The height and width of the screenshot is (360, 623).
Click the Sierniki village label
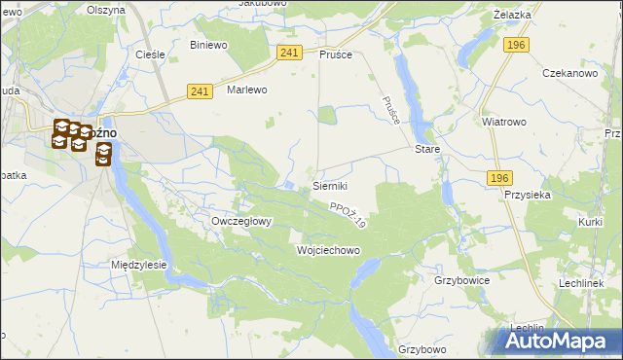330,185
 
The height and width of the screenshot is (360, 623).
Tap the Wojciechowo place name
328,250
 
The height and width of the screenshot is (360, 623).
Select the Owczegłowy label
241,221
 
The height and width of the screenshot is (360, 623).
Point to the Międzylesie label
139,264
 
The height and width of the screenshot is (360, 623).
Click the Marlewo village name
246,90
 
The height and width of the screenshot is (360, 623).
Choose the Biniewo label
208,45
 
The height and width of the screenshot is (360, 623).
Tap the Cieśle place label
150,54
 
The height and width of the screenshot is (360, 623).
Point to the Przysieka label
529,194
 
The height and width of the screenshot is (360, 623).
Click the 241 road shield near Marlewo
200,91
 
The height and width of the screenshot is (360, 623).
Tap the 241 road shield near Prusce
288,53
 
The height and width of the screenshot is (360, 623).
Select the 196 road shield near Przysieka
499,176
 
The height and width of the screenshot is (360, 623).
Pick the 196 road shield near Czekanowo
517,45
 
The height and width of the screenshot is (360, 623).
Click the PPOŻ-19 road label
348,215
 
